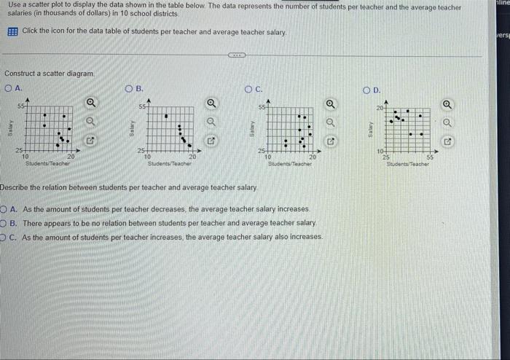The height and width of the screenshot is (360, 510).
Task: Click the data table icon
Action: click(12, 32)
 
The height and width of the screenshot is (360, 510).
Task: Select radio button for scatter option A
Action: click(9, 88)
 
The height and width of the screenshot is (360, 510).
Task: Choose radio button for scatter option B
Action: click(130, 89)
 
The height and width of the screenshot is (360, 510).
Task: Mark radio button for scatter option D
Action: click(368, 89)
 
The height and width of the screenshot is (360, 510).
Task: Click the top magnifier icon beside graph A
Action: click(91, 103)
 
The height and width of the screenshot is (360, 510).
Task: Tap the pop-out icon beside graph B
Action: click(211, 139)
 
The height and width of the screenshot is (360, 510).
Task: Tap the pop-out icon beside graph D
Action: click(449, 140)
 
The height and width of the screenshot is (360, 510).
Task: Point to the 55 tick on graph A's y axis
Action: click(22, 107)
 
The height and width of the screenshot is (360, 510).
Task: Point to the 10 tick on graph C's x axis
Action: click(268, 156)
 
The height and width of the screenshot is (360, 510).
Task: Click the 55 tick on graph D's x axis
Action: click(430, 156)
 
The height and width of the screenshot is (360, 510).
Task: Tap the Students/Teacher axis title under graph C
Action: click(290, 164)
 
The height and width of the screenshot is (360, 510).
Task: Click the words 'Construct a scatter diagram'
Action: click(50, 74)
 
